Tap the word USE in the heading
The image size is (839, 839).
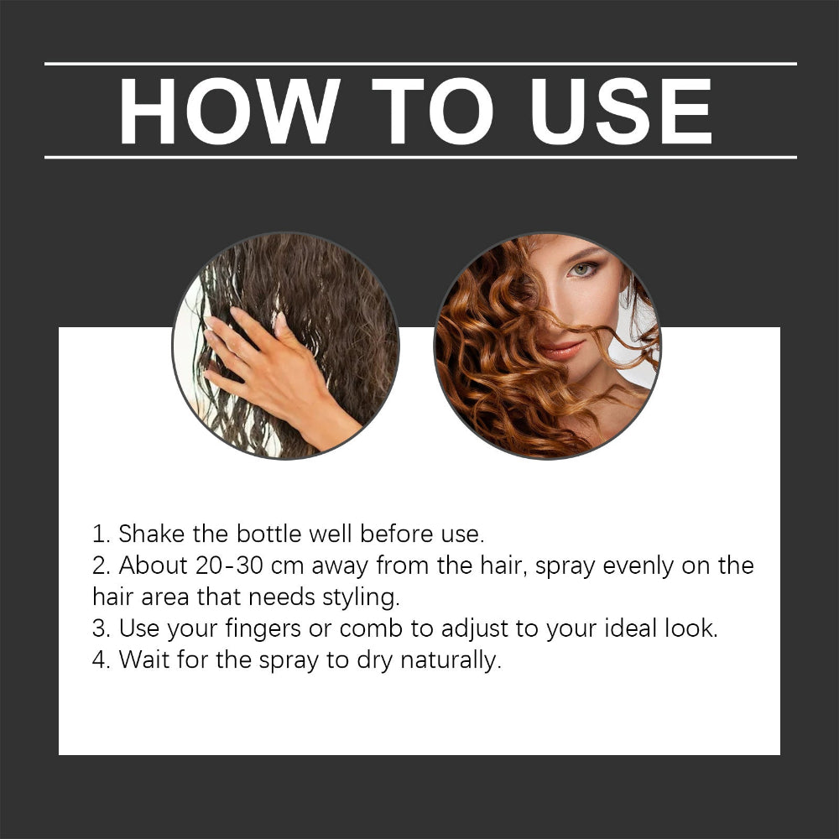click(621, 111)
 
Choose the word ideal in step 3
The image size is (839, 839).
click(614, 628)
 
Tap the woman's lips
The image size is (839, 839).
click(563, 347)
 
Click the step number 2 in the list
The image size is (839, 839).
click(99, 565)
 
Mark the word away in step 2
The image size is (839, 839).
click(340, 566)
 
